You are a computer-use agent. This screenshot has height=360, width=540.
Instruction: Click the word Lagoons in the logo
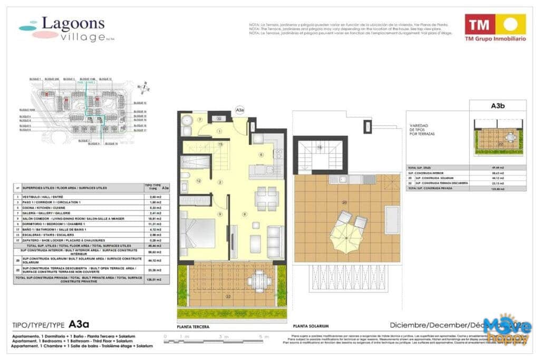pos(73,24)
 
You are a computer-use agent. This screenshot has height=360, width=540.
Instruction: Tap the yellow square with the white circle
pos(510,24)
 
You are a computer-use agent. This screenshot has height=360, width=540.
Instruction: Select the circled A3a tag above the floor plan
pos(239,110)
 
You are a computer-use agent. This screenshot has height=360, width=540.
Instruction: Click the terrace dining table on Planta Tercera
pos(257,279)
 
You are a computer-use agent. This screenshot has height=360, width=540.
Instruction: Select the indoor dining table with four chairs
pos(260,199)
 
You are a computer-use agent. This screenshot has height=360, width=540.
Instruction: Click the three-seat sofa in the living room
pos(274,241)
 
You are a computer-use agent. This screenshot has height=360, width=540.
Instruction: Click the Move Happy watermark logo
pos(507,330)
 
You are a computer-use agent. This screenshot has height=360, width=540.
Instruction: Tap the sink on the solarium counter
pos(339,179)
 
